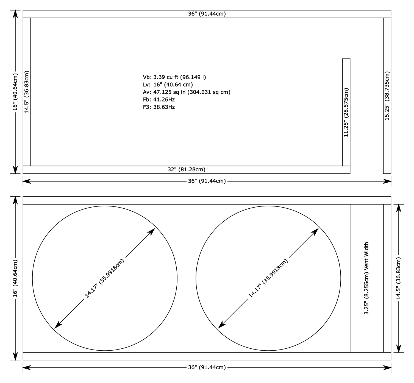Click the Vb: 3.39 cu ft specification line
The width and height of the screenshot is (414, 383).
[174, 77]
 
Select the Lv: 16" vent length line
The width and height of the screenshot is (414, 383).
[168, 85]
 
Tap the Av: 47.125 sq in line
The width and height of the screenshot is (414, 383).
[187, 92]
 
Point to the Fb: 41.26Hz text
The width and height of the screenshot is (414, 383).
[159, 99]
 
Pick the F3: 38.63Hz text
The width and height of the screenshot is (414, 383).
[159, 107]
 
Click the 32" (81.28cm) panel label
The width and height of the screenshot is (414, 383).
[187, 170]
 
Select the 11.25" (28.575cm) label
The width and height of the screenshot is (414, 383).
[346, 112]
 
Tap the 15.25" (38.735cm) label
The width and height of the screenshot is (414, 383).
[387, 96]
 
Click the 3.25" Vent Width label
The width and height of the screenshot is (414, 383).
[366, 278]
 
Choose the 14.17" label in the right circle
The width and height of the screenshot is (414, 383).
[268, 278]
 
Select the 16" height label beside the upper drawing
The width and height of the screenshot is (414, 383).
[15, 92]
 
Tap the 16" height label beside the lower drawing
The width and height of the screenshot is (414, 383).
[15, 278]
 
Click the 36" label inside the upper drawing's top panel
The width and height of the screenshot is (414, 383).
[207, 14]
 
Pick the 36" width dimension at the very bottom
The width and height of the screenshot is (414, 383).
[207, 367]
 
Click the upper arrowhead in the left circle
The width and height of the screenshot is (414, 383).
[152, 231]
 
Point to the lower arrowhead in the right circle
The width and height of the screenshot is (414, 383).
[221, 325]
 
